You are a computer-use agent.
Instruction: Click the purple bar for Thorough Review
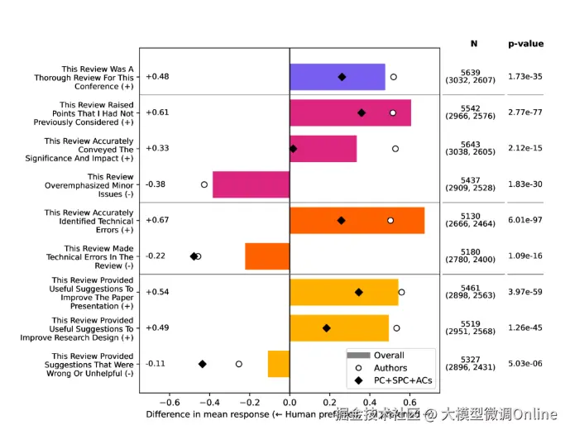click(337, 77)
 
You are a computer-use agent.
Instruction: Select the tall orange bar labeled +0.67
click(357, 221)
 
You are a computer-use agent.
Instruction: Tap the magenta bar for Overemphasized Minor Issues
click(251, 184)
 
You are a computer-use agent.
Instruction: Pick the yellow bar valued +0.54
click(343, 292)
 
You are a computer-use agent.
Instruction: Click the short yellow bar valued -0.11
click(279, 364)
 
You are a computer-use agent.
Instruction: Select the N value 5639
click(470, 73)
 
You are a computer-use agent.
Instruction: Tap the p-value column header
click(525, 44)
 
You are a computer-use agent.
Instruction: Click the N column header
click(474, 44)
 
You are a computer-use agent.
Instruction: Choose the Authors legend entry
click(390, 368)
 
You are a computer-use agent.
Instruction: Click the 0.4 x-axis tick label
click(370, 401)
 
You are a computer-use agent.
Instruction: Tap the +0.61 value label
click(157, 112)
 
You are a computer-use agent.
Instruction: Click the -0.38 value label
click(156, 184)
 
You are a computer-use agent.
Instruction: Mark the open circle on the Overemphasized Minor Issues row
click(204, 184)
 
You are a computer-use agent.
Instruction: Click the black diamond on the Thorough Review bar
click(342, 77)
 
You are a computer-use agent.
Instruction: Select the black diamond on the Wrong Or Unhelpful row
click(202, 364)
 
